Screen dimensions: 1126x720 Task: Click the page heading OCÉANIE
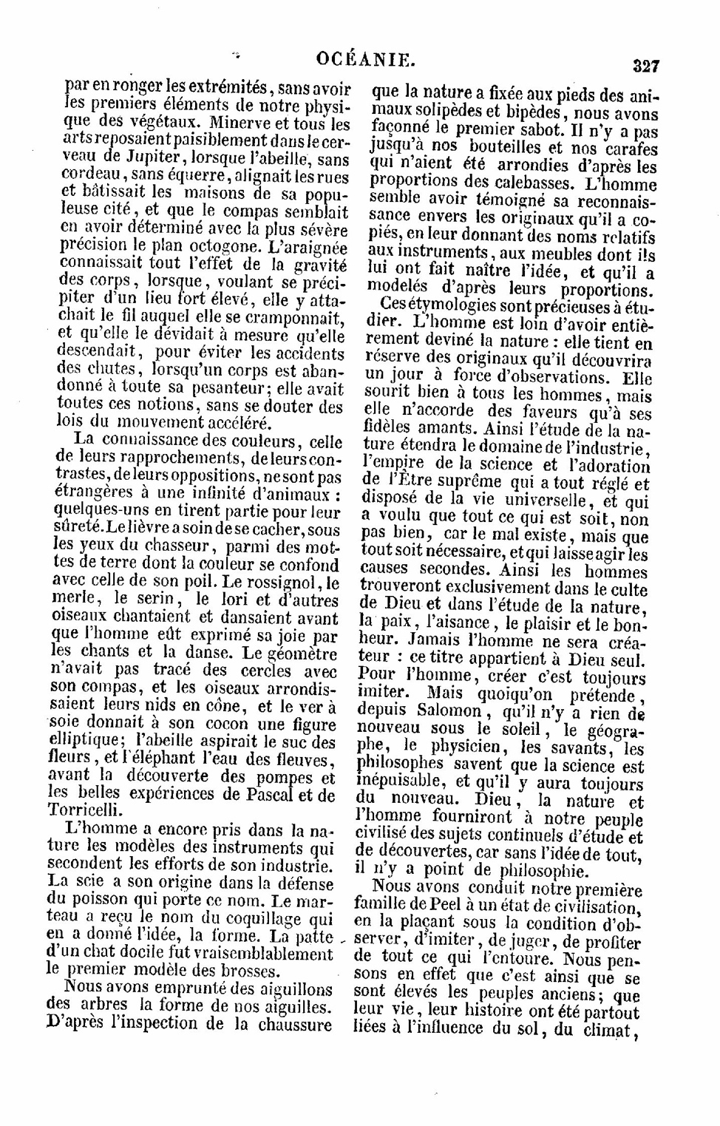pyautogui.click(x=365, y=59)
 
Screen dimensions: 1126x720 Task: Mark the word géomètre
pyautogui.click(x=301, y=654)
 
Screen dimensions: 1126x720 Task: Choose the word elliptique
pyautogui.click(x=83, y=741)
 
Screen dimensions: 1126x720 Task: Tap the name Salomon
pyautogui.click(x=442, y=711)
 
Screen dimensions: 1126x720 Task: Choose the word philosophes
pyautogui.click(x=400, y=764)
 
